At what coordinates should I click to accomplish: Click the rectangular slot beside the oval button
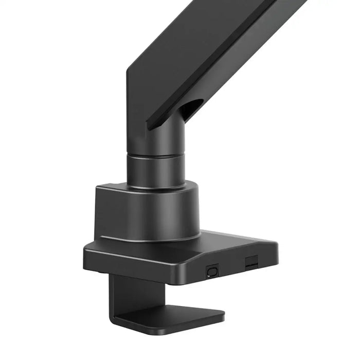(251, 263)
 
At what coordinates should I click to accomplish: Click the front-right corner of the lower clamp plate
(222, 315)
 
